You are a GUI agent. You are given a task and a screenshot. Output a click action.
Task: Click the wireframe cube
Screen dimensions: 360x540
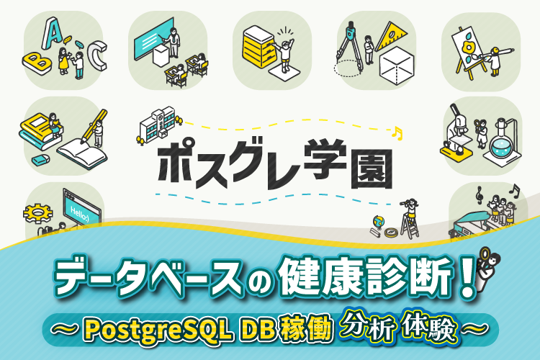tap(397, 66)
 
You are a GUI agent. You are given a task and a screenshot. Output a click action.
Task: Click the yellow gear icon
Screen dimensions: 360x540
tap(35, 214)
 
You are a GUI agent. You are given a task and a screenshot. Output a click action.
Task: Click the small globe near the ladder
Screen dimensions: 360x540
tap(374, 223)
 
